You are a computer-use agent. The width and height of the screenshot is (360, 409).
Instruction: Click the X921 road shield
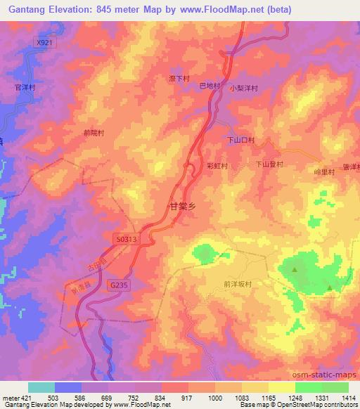(x=45, y=42)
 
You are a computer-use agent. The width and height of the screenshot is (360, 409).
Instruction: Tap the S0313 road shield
(x=128, y=240)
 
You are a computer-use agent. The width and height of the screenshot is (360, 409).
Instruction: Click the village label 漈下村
(x=179, y=79)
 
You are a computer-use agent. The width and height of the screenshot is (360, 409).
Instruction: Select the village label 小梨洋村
(x=244, y=89)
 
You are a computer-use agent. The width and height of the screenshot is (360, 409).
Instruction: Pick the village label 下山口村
(x=240, y=139)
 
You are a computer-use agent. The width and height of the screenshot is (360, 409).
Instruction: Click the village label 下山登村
(x=269, y=164)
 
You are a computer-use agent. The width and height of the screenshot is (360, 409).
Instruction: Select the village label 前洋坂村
(x=238, y=285)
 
